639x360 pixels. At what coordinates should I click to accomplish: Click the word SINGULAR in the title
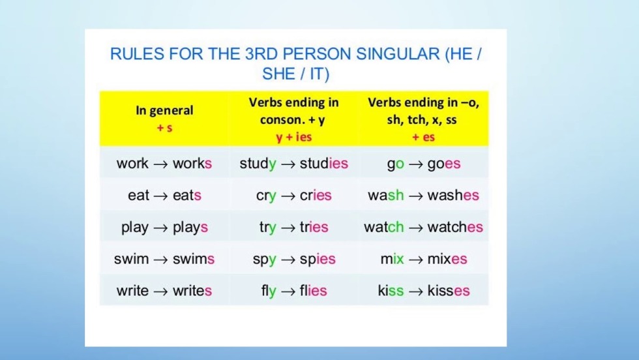coord(398,54)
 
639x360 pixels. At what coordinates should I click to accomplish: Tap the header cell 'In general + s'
coord(164,119)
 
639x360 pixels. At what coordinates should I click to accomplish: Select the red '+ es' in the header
coord(423,137)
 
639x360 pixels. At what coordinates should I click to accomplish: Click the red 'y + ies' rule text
coord(294,137)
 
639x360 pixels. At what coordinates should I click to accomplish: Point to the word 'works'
coord(192,164)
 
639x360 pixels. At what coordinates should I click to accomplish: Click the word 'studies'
coord(324,164)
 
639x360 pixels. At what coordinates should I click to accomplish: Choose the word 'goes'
coord(444,164)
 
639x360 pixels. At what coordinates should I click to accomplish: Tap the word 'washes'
coord(453,195)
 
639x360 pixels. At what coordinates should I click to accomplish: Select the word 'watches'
coord(455,227)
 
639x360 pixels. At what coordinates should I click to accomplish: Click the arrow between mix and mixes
coord(416,260)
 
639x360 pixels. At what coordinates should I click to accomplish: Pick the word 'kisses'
coord(449,291)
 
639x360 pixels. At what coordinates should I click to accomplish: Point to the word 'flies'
coord(314,291)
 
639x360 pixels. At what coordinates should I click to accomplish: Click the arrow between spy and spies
coord(288,260)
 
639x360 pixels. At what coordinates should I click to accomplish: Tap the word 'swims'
coord(194,259)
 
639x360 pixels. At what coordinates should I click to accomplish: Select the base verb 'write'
coord(132,291)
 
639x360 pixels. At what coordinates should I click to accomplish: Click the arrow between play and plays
coord(160,228)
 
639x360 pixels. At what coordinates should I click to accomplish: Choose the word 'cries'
coord(316,195)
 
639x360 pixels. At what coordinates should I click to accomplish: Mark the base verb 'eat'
coord(138,195)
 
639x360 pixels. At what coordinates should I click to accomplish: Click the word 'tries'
coord(314,227)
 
